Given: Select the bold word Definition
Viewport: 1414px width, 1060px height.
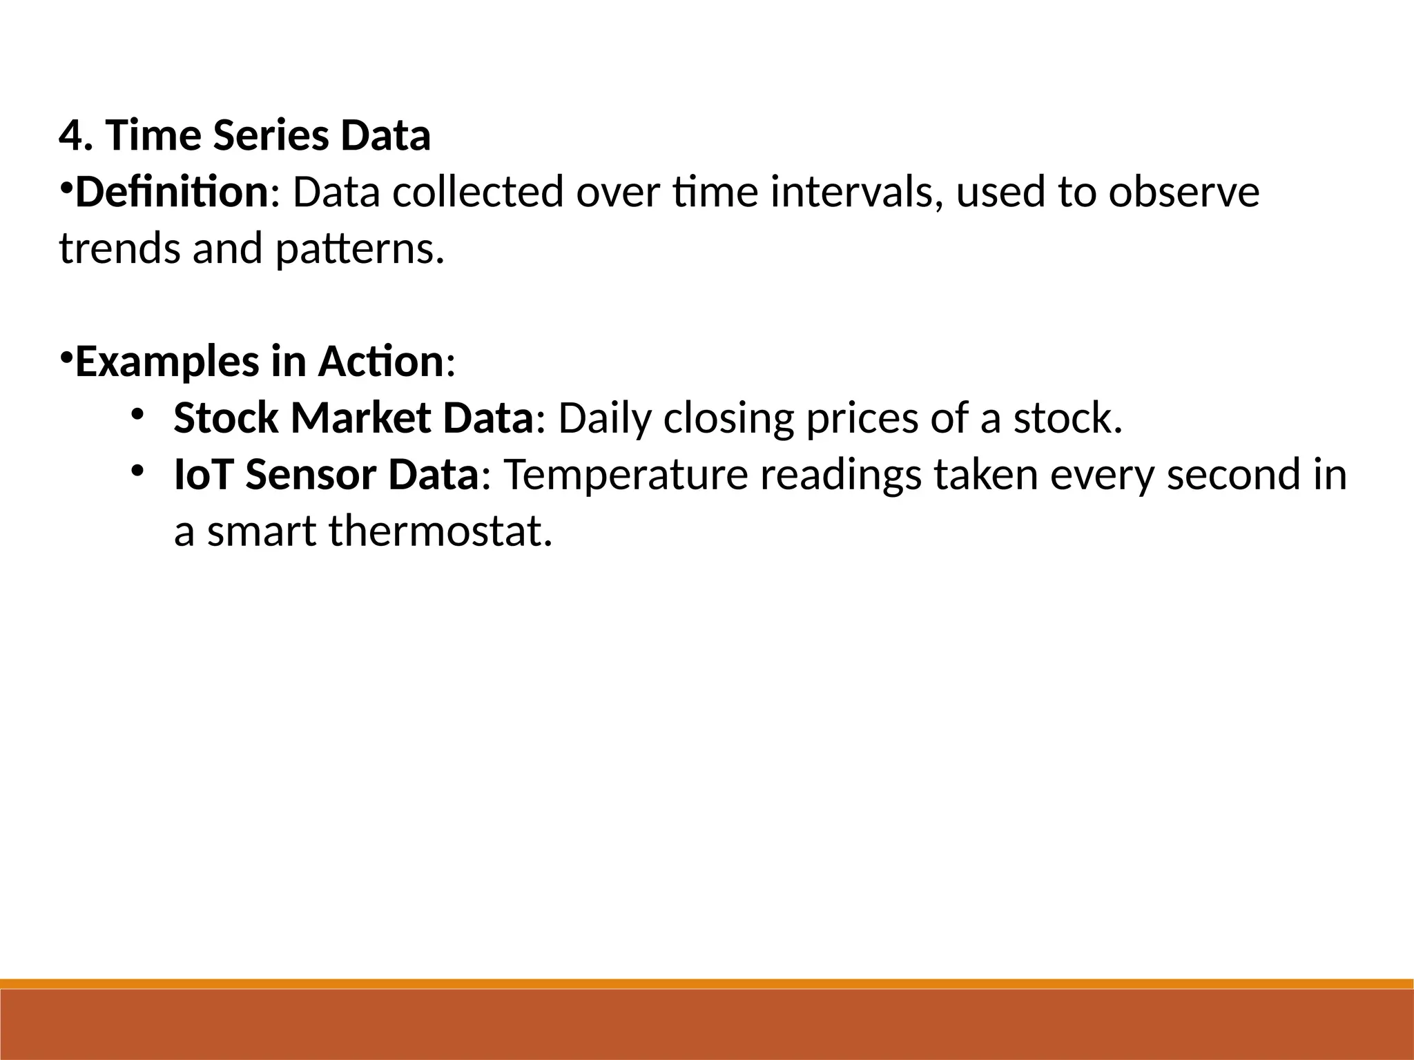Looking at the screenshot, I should [x=171, y=192].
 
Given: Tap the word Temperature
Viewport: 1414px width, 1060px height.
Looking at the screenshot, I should [x=626, y=476].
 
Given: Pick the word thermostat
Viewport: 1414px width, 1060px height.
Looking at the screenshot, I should [x=440, y=531].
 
